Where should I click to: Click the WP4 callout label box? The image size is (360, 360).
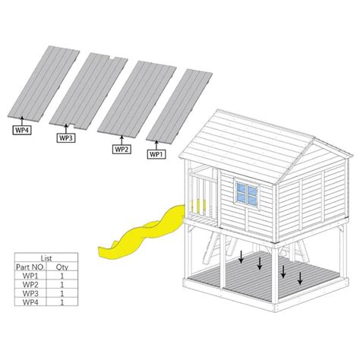coord(22,130)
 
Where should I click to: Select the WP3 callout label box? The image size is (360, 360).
coord(66,138)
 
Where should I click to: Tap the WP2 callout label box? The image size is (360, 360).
coord(122,149)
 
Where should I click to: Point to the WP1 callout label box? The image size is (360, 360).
coord(156,154)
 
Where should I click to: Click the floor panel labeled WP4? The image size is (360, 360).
coord(43,82)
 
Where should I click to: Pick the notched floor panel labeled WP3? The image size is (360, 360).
coord(88,90)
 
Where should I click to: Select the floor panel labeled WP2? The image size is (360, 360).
coord(137,97)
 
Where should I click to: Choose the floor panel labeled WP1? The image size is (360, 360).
coord(179,105)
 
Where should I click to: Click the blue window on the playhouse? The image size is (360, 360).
coord(247,194)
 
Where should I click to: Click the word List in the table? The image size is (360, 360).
coord(46,258)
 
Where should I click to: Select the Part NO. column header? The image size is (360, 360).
coord(30,267)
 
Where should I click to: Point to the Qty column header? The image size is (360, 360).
coord(62,267)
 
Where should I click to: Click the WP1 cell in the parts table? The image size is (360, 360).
coord(30,276)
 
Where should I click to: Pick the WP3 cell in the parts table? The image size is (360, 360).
coord(30,293)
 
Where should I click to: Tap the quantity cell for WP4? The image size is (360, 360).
coord(62,302)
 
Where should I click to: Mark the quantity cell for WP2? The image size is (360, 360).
coord(62,285)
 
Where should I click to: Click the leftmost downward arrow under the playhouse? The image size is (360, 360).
coord(241,257)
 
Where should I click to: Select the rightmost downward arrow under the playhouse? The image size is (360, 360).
coord(300,278)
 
